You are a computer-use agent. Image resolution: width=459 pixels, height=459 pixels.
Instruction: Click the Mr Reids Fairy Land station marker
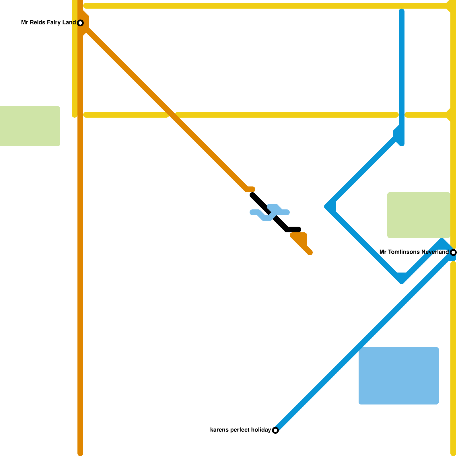point(80,23)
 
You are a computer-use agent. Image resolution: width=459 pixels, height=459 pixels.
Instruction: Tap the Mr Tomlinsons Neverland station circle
point(453,252)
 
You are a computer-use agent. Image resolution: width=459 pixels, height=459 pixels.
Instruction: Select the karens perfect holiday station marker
point(275,430)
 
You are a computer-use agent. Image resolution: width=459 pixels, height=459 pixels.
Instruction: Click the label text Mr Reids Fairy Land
point(48,23)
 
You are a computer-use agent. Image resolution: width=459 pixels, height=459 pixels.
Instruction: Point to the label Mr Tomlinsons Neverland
point(414,252)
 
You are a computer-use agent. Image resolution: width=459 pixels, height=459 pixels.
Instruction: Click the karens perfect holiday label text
point(240,430)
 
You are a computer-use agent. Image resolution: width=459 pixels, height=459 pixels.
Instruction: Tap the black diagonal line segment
point(270,212)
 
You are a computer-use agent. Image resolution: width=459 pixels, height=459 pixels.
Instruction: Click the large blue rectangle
point(399,376)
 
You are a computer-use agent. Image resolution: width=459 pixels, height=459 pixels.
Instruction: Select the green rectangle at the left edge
point(30,126)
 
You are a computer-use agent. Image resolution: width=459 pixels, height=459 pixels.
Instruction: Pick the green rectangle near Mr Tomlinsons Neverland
point(419,215)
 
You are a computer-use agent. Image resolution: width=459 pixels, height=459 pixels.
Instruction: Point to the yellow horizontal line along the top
point(268,6)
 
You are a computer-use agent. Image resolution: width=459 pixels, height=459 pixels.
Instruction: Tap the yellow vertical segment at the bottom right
point(453,359)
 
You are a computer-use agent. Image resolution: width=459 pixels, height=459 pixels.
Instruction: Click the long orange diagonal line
point(166,109)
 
